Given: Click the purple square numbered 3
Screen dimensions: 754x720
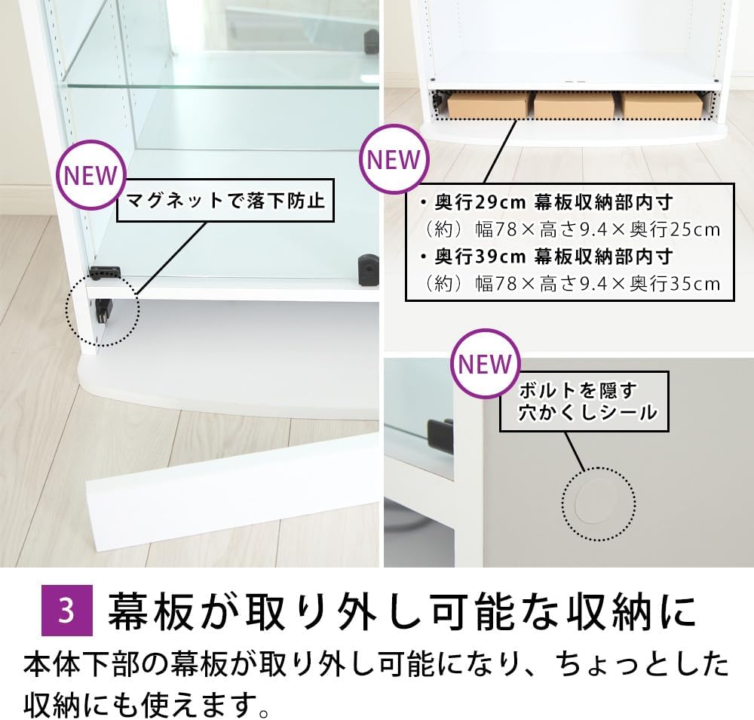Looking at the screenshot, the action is coord(67,611).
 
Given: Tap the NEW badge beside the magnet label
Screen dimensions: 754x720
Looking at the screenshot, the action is coord(91,175).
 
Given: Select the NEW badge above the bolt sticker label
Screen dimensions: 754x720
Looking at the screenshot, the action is coord(485,364).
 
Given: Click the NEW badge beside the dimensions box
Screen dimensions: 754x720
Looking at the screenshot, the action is coord(394,159).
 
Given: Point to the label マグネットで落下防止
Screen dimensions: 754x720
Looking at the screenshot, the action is coord(225,200).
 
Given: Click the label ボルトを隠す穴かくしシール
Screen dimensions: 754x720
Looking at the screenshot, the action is coord(584,401).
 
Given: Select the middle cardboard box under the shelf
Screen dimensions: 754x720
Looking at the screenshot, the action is coord(574,104).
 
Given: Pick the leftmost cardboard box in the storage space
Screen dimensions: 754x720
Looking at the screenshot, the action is coord(488,104).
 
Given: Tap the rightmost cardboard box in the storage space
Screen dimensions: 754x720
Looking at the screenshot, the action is coord(662,104).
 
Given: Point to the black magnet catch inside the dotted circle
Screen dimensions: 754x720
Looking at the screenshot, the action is coord(103,312).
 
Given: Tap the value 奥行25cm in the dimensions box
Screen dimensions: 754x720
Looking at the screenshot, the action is coord(675,229).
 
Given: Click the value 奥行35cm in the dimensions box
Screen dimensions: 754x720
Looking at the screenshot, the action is coord(675,284).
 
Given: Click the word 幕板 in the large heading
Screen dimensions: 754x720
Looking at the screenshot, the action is coord(149,611).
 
